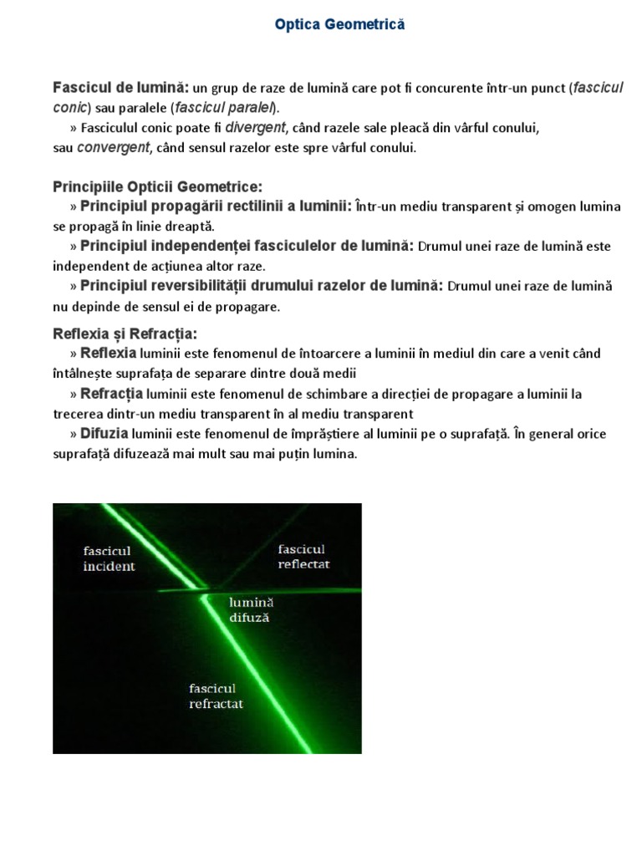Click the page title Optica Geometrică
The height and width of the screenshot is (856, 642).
pyautogui.click(x=339, y=25)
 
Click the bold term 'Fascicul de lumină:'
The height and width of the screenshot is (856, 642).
pyautogui.click(x=121, y=88)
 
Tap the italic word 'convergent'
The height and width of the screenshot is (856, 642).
pyautogui.click(x=113, y=148)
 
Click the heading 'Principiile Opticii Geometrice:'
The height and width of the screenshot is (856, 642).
pyautogui.click(x=158, y=186)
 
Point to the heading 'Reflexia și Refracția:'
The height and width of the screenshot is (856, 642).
pyautogui.click(x=125, y=334)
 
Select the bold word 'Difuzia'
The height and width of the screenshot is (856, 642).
pyautogui.click(x=104, y=434)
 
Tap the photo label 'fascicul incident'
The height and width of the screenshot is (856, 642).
pyautogui.click(x=109, y=558)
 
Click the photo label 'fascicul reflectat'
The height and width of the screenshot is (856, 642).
pyautogui.click(x=303, y=556)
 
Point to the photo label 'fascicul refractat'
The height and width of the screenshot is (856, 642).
pyautogui.click(x=216, y=695)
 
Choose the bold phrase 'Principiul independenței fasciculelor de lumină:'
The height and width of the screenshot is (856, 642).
pyautogui.click(x=247, y=247)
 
